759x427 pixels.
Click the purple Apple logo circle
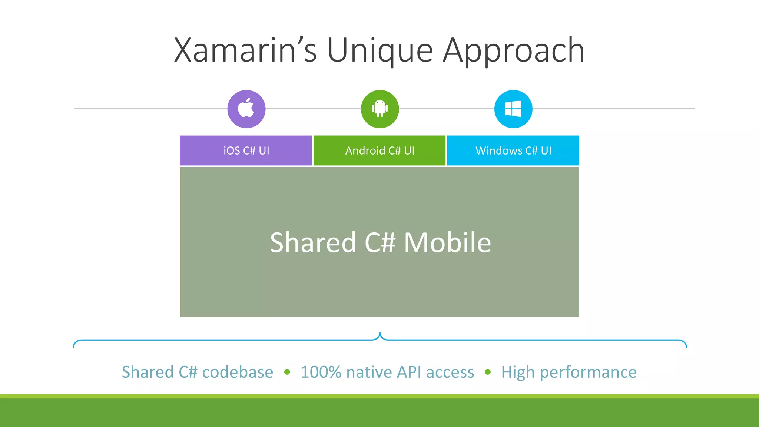(246, 109)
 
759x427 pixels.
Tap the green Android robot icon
(380, 109)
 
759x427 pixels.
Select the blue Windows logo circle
(513, 109)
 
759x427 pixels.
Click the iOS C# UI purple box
(246, 150)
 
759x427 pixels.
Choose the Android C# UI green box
(379, 150)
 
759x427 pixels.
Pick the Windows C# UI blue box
(513, 150)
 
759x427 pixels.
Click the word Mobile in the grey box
(447, 242)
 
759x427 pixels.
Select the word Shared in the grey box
(313, 242)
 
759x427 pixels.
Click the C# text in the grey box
(380, 242)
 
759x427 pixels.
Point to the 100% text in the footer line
(321, 372)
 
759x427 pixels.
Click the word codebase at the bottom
(238, 372)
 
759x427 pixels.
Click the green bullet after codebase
(287, 372)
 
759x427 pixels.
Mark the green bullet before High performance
(488, 372)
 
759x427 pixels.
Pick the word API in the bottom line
(410, 372)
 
